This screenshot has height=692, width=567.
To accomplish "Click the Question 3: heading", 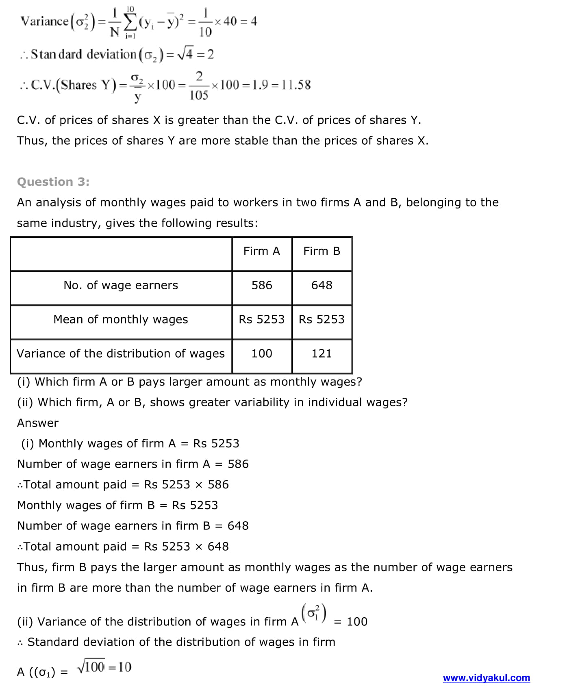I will pos(53,182).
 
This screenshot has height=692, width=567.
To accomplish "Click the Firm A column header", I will pos(262,251).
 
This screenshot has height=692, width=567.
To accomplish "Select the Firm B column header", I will pos(322,251).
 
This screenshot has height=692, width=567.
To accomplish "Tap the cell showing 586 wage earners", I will pos(262,285).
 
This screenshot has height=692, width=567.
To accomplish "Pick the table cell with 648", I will pos(322,285).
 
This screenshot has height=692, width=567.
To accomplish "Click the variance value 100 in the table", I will pos(262,354).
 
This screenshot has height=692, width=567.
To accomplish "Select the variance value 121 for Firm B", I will pos(322,354).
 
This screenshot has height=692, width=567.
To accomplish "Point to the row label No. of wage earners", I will pos(121,285).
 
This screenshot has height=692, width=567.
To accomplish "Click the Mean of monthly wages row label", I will pos(121,319).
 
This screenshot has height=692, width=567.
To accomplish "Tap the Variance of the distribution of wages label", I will pos(121,354).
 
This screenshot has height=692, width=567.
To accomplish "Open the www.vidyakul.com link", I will pos(486,678).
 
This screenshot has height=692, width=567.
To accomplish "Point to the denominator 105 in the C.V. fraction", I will pos(199,95).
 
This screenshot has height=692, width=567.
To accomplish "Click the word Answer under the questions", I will pos(38,423).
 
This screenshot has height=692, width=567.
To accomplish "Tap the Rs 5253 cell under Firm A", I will pos(262,319).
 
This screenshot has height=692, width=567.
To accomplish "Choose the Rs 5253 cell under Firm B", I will pos(322,319).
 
